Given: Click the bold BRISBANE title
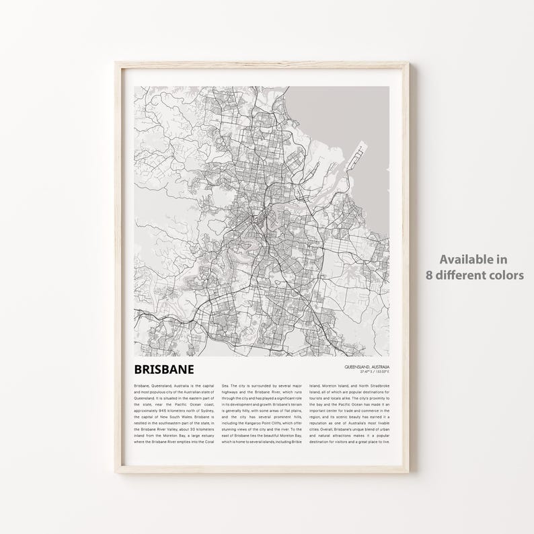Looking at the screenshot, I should click(x=164, y=369).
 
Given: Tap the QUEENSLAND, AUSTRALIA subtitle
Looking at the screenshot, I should click(x=367, y=367).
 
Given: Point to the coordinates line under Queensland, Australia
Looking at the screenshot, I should click(x=374, y=371).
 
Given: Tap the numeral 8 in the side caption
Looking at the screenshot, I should click(x=428, y=275).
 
